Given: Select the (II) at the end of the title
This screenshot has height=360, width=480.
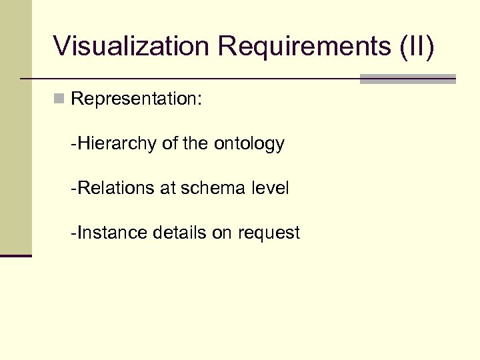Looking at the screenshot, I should [x=417, y=46].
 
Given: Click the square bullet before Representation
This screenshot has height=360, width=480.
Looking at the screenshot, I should [x=59, y=99].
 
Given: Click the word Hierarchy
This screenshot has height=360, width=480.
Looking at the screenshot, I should [x=117, y=143].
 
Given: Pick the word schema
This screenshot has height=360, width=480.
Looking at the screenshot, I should [x=213, y=188].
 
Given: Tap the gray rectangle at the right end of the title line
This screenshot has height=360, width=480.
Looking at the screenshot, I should [x=407, y=79].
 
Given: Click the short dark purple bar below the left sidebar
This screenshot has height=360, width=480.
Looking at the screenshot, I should [x=16, y=255].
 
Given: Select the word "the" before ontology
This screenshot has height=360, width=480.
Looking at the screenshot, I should [x=195, y=143].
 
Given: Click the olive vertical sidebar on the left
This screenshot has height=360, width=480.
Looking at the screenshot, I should [x=15, y=127].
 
